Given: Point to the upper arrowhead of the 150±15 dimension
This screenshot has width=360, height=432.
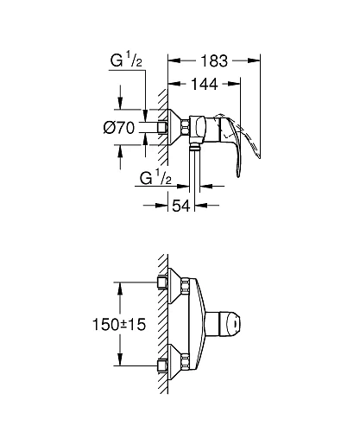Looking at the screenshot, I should pyautogui.click(x=122, y=286).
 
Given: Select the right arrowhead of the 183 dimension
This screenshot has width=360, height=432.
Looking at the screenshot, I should pyautogui.click(x=256, y=61).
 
